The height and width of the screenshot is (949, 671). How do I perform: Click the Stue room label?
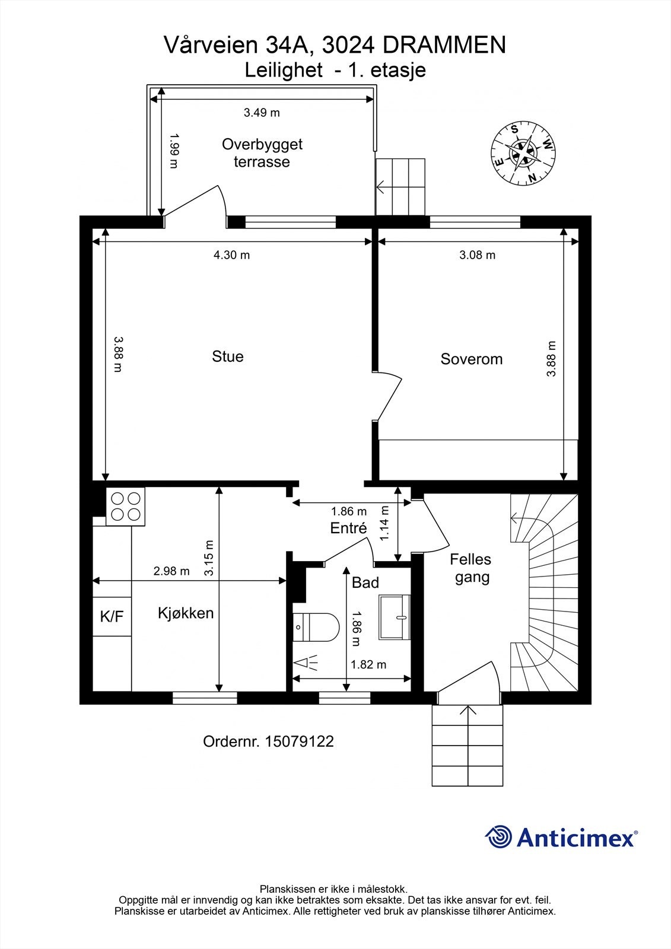228,356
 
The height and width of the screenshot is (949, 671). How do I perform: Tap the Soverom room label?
471,359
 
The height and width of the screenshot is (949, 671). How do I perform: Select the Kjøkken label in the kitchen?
186,613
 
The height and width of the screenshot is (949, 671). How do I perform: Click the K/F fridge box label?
112,616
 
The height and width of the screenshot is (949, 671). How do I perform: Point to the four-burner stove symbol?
125,506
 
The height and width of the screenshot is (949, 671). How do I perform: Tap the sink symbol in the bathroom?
395,617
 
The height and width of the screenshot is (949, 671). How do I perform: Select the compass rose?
523,153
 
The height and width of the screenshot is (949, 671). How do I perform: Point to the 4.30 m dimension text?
231,255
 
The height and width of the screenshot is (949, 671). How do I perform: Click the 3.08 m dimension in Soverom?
477,255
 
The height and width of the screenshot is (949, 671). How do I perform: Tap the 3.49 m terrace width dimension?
262,113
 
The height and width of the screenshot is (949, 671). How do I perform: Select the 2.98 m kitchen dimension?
171,571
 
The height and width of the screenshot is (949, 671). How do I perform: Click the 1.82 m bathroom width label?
368,664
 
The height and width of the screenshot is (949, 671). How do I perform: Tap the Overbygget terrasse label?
262,153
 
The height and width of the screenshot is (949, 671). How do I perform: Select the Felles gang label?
471,568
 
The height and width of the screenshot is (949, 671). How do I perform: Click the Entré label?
349,527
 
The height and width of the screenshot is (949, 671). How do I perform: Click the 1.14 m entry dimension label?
384,522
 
